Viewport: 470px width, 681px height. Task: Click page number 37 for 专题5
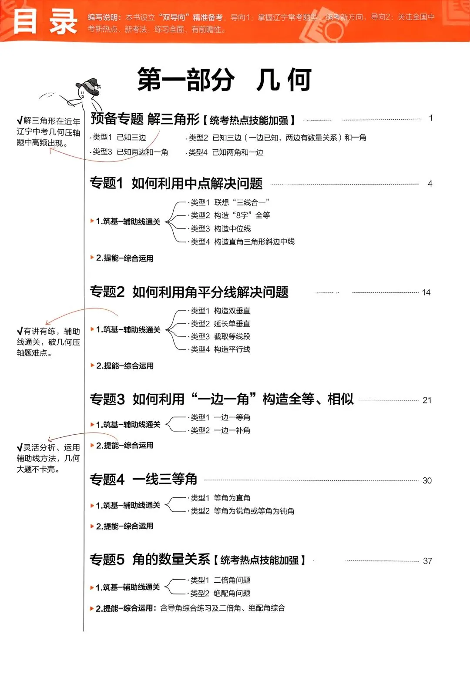(x=427, y=561)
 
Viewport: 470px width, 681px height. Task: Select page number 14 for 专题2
(x=426, y=292)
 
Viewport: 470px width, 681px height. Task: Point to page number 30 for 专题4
(x=427, y=480)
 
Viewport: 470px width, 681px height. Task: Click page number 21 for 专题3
(x=427, y=400)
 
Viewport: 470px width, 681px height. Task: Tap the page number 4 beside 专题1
(x=430, y=184)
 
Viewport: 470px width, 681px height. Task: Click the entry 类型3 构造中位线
(x=221, y=228)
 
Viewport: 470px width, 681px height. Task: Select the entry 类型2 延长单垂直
(x=220, y=323)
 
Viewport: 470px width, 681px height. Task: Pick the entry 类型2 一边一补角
(x=220, y=430)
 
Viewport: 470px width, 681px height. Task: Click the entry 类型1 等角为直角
(x=220, y=498)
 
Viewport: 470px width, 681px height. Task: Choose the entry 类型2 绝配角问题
(x=220, y=593)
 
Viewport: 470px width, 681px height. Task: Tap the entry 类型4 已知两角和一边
(x=225, y=152)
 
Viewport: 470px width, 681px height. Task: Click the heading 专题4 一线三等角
(x=143, y=480)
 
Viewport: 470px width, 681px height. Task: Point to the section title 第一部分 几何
(x=224, y=80)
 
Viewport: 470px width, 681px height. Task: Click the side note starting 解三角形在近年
(x=48, y=132)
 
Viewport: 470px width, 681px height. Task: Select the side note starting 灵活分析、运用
(x=48, y=458)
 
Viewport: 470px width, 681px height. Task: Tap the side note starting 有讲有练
(x=48, y=342)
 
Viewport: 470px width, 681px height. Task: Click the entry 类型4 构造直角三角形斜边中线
(x=242, y=242)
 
